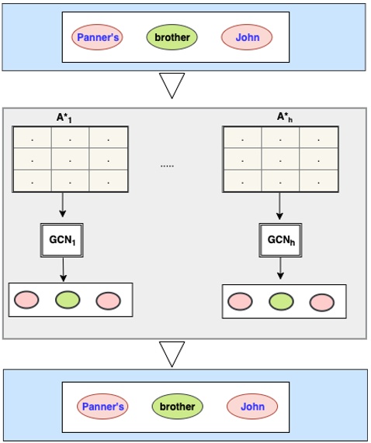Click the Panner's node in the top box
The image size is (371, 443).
pyautogui.click(x=97, y=36)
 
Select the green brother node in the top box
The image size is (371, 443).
pyautogui.click(x=172, y=36)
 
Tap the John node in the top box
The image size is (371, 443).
pyautogui.click(x=247, y=36)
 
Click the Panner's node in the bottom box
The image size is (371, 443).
pyautogui.click(x=102, y=406)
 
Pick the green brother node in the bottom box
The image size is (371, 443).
pyautogui.click(x=177, y=406)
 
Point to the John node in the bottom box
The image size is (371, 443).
pyautogui.click(x=252, y=406)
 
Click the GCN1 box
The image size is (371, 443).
pyautogui.click(x=62, y=239)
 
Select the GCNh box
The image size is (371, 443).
pyautogui.click(x=280, y=239)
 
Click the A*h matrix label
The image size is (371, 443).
pyautogui.click(x=285, y=117)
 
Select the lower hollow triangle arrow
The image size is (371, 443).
pyautogui.click(x=175, y=354)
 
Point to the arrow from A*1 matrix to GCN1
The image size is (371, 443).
pyautogui.click(x=62, y=206)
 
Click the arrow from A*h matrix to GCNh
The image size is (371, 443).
pyautogui.click(x=280, y=206)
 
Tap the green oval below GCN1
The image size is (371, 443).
pyautogui.click(x=68, y=299)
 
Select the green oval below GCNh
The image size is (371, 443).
pyautogui.click(x=281, y=301)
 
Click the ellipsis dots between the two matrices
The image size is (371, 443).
pyautogui.click(x=167, y=165)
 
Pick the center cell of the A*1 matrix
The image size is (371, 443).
pyautogui.click(x=69, y=160)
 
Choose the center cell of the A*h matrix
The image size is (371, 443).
pyautogui.click(x=280, y=160)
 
